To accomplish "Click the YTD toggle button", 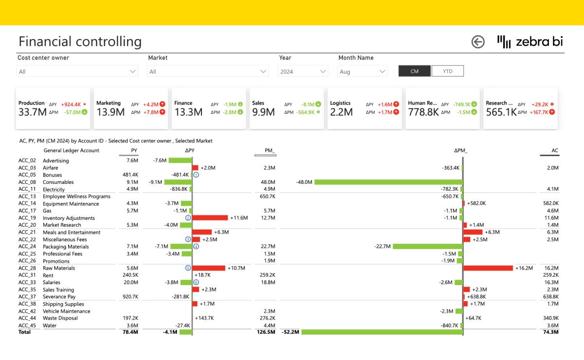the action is point(447,71).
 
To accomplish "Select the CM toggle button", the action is point(414,71).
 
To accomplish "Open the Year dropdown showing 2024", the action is point(303,72).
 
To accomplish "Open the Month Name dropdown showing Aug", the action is point(362,72).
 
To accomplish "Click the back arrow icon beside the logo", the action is point(478,42).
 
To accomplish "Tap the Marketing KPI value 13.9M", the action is point(110,112).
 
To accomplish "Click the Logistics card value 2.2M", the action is point(341,112).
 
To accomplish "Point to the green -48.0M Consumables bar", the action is point(388,182).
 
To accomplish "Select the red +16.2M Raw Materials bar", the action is point(488,268).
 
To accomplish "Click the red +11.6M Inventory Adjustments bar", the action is point(210,217).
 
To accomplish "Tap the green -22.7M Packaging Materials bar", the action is point(428,246).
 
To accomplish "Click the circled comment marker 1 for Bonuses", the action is point(196,175).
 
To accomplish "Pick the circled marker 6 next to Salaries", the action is point(196,282).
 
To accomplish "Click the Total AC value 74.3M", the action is point(550,332).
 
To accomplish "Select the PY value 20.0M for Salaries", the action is point(131,282).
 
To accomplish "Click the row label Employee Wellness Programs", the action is point(77,196).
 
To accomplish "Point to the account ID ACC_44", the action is point(27,318).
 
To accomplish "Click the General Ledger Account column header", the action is point(71,150).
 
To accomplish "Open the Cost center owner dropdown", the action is point(77,72).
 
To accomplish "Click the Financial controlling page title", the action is point(80,42).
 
